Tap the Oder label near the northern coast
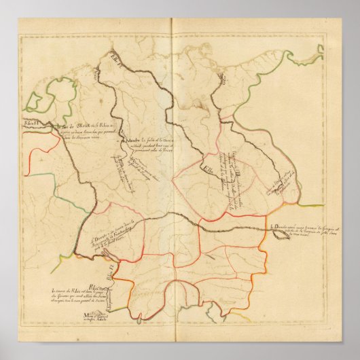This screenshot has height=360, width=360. [222, 79]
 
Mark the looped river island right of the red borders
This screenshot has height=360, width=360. [280, 233]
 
